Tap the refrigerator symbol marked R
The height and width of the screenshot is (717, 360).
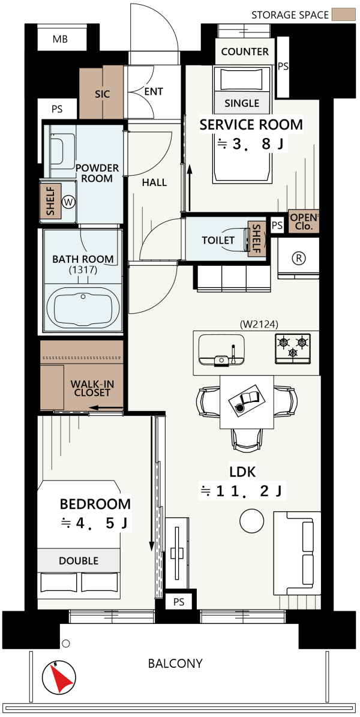tap(299, 258)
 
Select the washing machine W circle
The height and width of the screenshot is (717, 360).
tap(69, 202)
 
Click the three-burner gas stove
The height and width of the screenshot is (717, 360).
tap(293, 349)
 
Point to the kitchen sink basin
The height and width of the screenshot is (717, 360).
tap(223, 349)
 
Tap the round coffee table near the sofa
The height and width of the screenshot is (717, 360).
tap(252, 520)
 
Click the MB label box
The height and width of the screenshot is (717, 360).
tap(60, 39)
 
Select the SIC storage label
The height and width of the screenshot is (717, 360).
tap(101, 94)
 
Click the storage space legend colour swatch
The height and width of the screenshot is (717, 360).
tap(344, 14)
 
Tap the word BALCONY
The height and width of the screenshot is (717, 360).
tap(175, 664)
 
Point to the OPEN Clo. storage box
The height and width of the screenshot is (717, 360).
tap(303, 221)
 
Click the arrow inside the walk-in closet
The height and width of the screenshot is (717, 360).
tap(106, 407)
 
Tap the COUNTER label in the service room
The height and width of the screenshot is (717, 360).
tap(245, 51)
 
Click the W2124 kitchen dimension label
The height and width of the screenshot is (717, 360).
tap(259, 324)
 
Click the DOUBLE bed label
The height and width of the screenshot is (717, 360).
tap(78, 560)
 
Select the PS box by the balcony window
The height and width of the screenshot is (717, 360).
tap(179, 602)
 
